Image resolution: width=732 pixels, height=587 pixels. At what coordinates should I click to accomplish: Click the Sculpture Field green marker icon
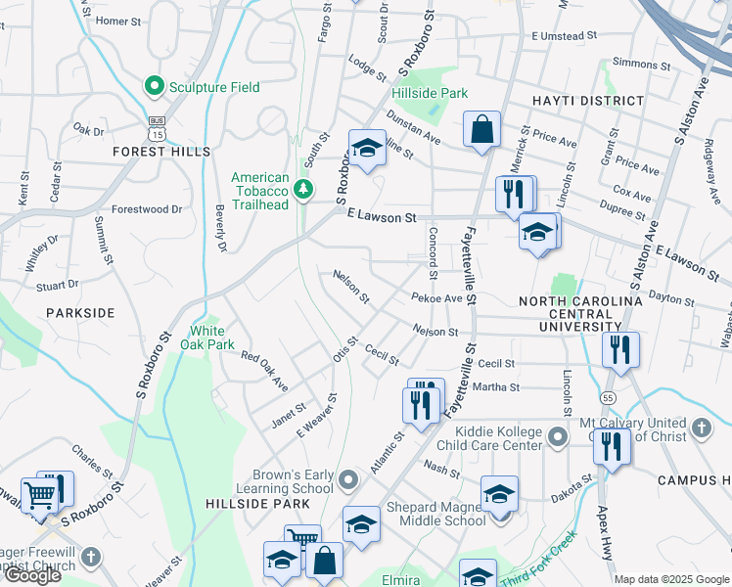click(154, 87)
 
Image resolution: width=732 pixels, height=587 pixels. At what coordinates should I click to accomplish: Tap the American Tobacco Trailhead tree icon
click(304, 188)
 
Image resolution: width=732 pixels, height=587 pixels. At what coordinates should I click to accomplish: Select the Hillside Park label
click(430, 93)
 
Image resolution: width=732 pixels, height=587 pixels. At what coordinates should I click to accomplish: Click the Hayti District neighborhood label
click(588, 101)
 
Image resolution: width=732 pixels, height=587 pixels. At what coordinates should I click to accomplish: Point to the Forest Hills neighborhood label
click(161, 152)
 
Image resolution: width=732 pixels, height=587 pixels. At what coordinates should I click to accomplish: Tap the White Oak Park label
click(212, 338)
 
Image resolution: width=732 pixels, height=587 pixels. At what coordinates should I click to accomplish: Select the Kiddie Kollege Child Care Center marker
click(559, 435)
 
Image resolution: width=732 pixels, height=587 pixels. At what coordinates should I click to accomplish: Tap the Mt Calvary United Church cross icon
click(701, 428)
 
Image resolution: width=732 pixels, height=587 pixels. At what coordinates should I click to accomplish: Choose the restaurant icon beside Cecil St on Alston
click(620, 349)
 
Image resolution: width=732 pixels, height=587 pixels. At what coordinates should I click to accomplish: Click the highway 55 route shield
click(607, 398)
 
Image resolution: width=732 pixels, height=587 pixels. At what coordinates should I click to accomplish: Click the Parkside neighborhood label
click(80, 313)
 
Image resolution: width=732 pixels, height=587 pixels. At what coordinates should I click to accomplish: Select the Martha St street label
click(496, 387)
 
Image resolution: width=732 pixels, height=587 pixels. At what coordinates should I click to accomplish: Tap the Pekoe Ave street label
click(436, 297)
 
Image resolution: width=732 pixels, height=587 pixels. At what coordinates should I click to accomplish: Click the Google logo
click(32, 575)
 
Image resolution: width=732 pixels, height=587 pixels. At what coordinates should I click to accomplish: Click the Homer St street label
click(118, 21)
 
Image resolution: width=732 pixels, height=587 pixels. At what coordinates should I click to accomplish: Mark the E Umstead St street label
click(564, 36)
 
